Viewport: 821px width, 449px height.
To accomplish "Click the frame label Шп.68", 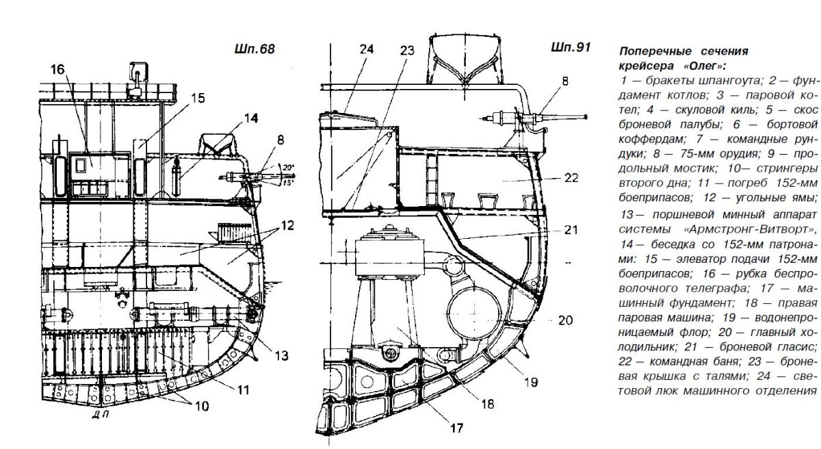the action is coord(255,49).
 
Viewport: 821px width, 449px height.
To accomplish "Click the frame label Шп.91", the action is coord(571,47).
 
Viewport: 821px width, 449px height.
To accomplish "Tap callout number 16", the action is coord(57,69).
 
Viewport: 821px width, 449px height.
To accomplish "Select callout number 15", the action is coord(198,99).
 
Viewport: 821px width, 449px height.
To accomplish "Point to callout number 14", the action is coord(251,118).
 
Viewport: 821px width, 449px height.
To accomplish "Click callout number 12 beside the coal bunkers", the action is coord(287,225).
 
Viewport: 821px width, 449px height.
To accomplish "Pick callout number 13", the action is coord(281,355).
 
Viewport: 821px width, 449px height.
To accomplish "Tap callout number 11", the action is coord(243,389).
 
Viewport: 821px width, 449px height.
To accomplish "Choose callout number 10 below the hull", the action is coord(202,406).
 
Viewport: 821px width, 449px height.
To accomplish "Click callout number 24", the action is coord(367,49).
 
